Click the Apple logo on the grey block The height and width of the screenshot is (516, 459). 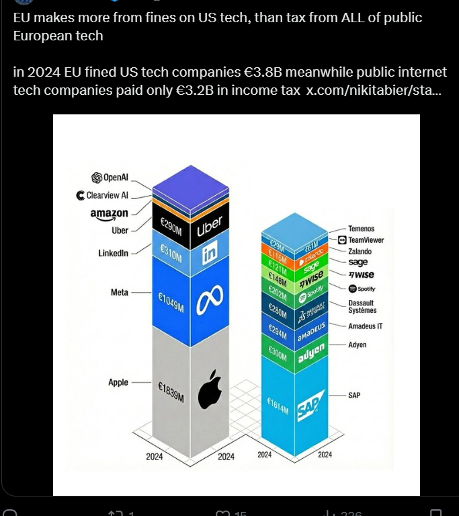coord(210,389)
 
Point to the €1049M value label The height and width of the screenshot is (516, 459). coord(171,304)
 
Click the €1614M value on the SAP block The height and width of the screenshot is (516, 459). coord(278,410)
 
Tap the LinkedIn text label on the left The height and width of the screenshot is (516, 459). coord(113,253)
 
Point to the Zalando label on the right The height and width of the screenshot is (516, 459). coord(360,252)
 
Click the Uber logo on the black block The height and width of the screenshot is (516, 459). coord(209,227)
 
